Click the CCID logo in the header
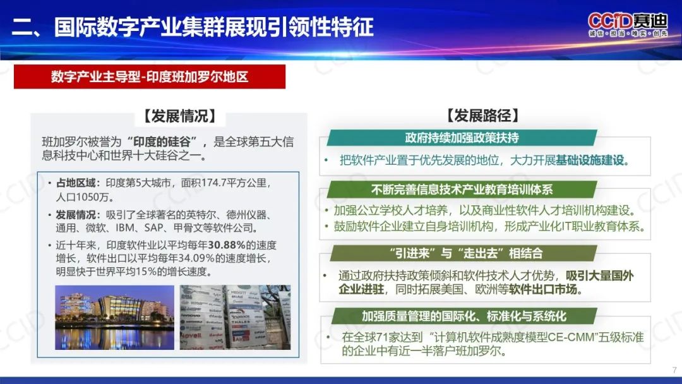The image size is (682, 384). point(628,25)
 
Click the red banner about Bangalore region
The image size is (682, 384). point(150,77)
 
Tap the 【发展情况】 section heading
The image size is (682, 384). point(179,116)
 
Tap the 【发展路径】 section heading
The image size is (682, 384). point(483,116)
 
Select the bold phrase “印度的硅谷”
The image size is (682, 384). point(162,141)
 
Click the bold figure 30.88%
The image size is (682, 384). point(227,245)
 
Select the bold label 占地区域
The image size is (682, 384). point(75,183)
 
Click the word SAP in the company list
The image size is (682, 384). point(154,228)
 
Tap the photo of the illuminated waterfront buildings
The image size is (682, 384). point(114,318)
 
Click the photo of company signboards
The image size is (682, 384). point(236,318)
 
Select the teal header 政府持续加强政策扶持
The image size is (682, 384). point(462,138)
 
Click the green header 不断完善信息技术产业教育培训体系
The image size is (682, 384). point(462,189)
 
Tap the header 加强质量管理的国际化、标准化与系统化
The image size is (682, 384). point(464,316)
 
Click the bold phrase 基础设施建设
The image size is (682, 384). point(590,160)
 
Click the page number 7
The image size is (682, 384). point(674,370)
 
